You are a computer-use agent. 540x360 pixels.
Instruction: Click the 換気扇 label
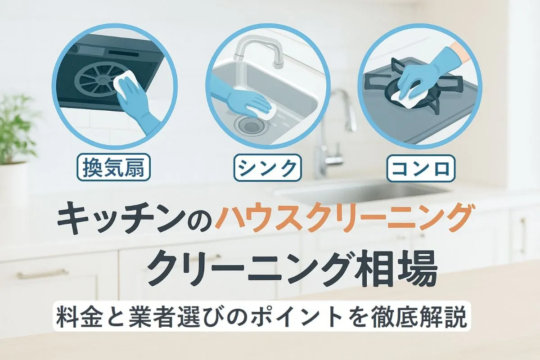113,167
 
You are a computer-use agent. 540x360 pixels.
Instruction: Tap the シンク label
267,167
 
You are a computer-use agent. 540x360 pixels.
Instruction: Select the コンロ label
421,168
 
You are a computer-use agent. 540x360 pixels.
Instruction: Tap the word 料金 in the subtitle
79,318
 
